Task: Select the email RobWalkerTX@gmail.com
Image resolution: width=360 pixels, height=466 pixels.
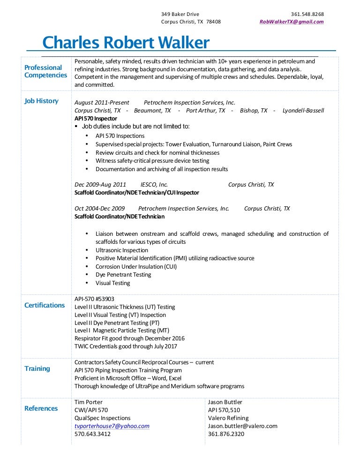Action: click(x=292, y=22)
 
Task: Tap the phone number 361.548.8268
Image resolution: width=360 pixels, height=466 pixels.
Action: click(x=307, y=14)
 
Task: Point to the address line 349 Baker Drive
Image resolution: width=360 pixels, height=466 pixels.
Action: click(x=180, y=14)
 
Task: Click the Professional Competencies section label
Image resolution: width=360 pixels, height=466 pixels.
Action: click(x=45, y=71)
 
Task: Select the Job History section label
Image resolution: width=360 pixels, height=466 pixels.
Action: click(x=41, y=101)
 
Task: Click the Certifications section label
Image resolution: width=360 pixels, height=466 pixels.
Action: click(x=45, y=305)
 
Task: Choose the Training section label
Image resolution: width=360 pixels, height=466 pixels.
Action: click(x=37, y=368)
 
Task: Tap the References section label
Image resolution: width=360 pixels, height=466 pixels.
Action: click(x=41, y=408)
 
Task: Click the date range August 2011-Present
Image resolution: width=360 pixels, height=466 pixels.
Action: click(x=102, y=103)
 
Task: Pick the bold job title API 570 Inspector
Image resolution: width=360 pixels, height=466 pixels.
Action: click(x=96, y=119)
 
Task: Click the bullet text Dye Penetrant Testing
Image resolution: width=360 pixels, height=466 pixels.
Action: click(x=123, y=275)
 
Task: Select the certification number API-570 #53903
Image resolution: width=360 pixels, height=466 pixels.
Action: click(x=94, y=299)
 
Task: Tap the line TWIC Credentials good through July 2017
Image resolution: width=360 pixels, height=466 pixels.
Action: click(x=126, y=346)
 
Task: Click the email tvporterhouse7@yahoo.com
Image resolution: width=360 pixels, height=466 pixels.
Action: click(x=112, y=426)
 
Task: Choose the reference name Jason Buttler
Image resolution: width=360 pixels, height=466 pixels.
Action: click(x=225, y=402)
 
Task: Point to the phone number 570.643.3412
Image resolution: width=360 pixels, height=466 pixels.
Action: click(x=92, y=434)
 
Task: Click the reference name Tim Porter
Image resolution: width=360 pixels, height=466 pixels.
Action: click(x=88, y=402)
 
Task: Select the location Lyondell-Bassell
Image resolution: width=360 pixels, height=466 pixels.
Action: click(x=303, y=111)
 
